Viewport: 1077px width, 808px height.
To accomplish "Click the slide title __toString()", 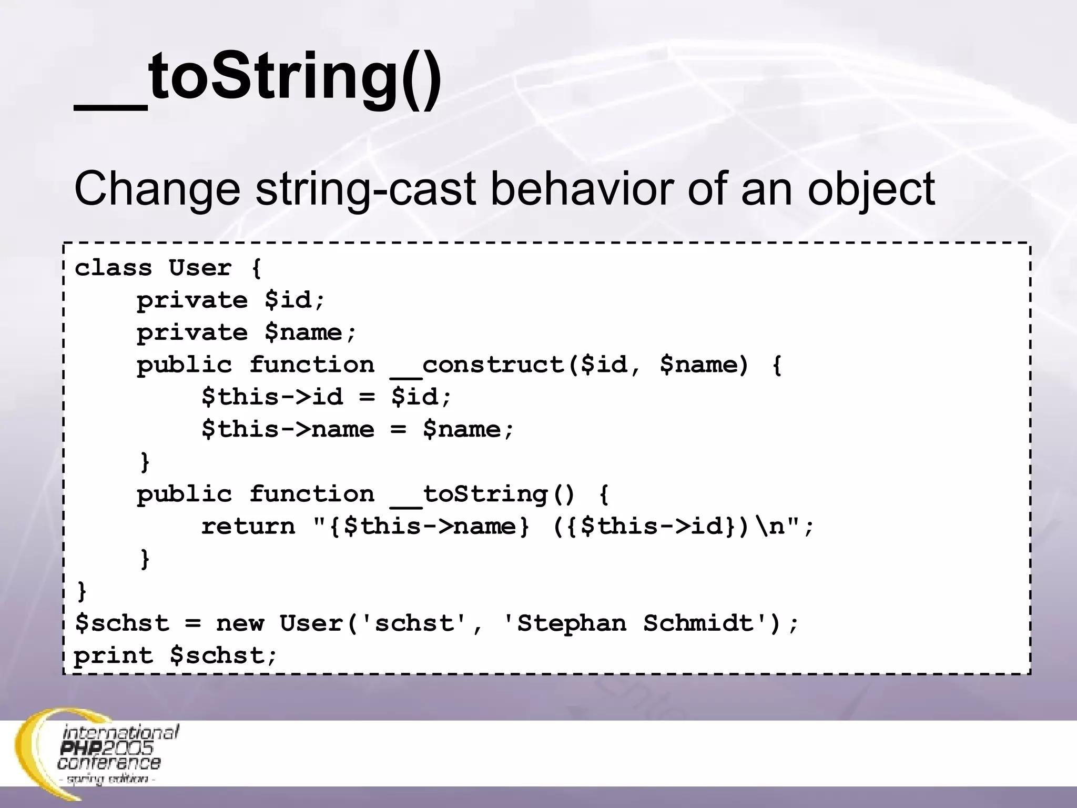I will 258,79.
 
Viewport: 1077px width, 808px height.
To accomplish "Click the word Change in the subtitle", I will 157,188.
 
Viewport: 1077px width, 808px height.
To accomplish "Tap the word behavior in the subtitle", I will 582,188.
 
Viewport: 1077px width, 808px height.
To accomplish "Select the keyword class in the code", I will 114,268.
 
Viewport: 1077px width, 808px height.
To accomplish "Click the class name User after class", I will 200,268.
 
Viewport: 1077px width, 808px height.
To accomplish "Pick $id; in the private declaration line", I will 295,300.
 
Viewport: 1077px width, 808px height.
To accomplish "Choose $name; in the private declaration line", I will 310,333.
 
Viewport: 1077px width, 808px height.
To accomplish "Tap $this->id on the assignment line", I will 272,397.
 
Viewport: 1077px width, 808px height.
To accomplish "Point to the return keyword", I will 248,527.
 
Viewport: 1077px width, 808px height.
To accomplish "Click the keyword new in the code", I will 240,623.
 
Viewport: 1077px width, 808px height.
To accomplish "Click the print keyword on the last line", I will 114,656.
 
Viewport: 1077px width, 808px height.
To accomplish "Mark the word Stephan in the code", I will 572,623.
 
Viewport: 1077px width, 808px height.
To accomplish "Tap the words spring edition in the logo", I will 107,779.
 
